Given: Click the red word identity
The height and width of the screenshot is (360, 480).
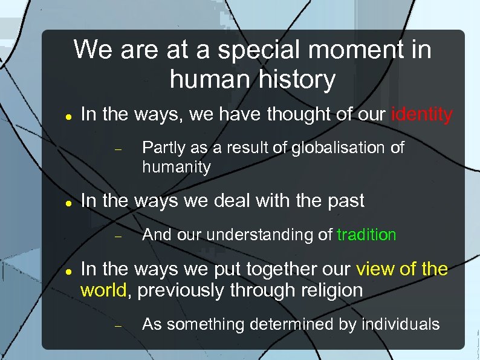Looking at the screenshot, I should [422, 114].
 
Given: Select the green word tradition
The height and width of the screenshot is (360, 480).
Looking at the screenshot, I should [366, 235].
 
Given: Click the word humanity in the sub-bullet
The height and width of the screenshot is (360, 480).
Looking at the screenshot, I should [177, 167].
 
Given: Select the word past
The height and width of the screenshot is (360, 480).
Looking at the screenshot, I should [344, 201].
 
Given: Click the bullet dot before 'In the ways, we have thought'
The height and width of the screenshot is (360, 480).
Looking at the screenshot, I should [70, 116].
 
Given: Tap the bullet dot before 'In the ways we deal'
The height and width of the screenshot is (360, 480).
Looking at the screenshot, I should [70, 203].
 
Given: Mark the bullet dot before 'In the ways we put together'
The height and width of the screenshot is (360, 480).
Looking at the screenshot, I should [70, 270].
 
